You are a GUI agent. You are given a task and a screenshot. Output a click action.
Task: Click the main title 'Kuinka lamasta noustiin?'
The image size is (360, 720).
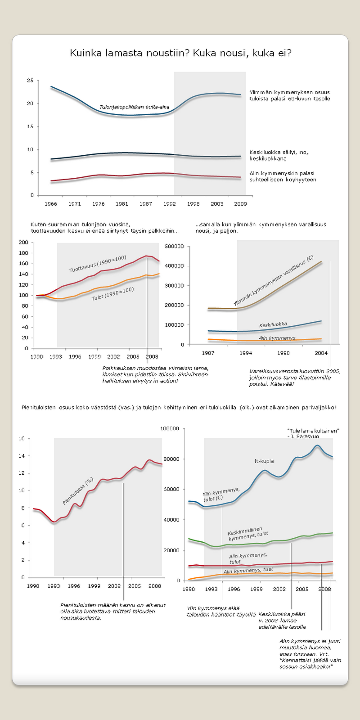click(180, 53)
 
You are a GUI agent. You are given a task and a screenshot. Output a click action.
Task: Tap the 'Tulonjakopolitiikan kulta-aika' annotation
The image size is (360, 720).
click(134, 107)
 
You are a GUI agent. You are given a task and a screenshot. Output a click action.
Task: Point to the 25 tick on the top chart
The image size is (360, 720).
click(30, 81)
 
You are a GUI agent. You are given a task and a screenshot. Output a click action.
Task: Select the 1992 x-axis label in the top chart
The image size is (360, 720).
click(169, 204)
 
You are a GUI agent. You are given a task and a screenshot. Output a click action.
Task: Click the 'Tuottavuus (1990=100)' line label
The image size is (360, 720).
click(98, 264)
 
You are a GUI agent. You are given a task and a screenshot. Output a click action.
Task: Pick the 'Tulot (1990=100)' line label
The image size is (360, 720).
click(112, 294)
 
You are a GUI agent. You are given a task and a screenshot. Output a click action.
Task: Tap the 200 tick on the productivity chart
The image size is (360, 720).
click(23, 243)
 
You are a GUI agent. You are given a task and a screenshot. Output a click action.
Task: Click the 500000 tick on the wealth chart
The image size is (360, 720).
click(175, 247)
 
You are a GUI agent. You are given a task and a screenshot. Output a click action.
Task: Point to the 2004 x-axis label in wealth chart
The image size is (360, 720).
click(321, 353)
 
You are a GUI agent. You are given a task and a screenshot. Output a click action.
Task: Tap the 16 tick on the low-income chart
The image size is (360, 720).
click(22, 439)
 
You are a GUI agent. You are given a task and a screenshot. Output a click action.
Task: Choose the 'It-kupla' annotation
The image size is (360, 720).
click(264, 461)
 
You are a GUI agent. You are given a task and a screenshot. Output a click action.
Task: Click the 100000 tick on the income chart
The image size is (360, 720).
click(170, 429)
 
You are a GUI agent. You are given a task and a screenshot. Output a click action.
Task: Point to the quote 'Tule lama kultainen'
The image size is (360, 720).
click(313, 431)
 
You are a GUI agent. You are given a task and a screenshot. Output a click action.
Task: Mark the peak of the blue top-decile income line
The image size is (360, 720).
click(318, 445)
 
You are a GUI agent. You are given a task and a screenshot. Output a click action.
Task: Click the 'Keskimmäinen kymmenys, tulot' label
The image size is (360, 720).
click(248, 535)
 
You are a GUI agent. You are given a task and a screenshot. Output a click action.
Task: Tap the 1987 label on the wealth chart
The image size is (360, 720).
click(208, 353)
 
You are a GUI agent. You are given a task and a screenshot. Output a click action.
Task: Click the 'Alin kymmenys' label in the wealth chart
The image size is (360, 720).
click(277, 338)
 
